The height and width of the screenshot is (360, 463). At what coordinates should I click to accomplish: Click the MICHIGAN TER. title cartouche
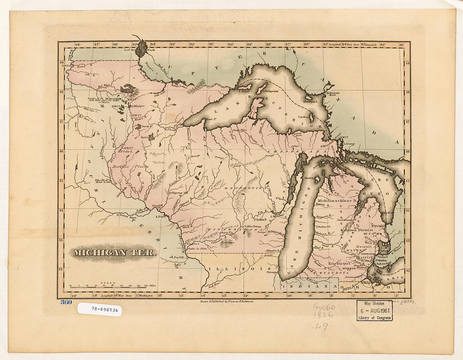pyautogui.click(x=114, y=253)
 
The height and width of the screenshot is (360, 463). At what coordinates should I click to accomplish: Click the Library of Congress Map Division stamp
pyautogui.click(x=374, y=310)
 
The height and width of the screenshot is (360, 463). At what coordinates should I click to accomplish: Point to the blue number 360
pyautogui.click(x=66, y=302)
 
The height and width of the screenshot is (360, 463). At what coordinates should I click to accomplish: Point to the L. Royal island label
pyautogui.click(x=245, y=91)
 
